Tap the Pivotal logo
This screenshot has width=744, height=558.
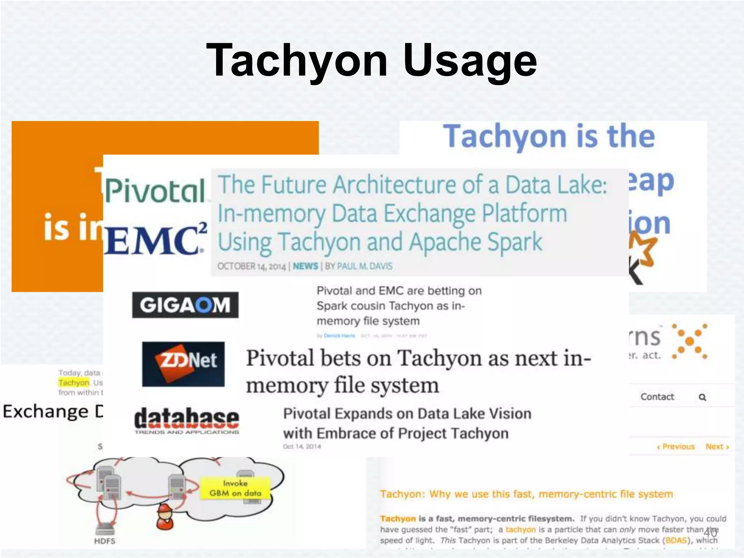[x=155, y=190]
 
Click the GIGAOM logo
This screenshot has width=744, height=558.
[x=185, y=305]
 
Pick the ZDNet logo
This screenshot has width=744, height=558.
[x=183, y=364]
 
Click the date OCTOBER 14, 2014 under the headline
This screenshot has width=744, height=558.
[x=251, y=266]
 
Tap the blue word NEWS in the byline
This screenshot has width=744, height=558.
[x=305, y=266]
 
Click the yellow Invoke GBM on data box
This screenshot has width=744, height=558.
[x=235, y=488]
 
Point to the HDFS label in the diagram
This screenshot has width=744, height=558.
[x=105, y=541]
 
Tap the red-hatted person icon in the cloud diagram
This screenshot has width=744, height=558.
[x=165, y=517]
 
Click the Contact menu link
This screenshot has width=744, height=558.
[x=657, y=397]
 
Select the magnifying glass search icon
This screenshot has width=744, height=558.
[x=703, y=397]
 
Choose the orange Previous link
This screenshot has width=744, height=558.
[x=676, y=446]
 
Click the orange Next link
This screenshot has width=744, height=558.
[x=717, y=446]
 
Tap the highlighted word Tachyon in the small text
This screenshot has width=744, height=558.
[x=74, y=383]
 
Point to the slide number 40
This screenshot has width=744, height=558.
[x=710, y=533]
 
